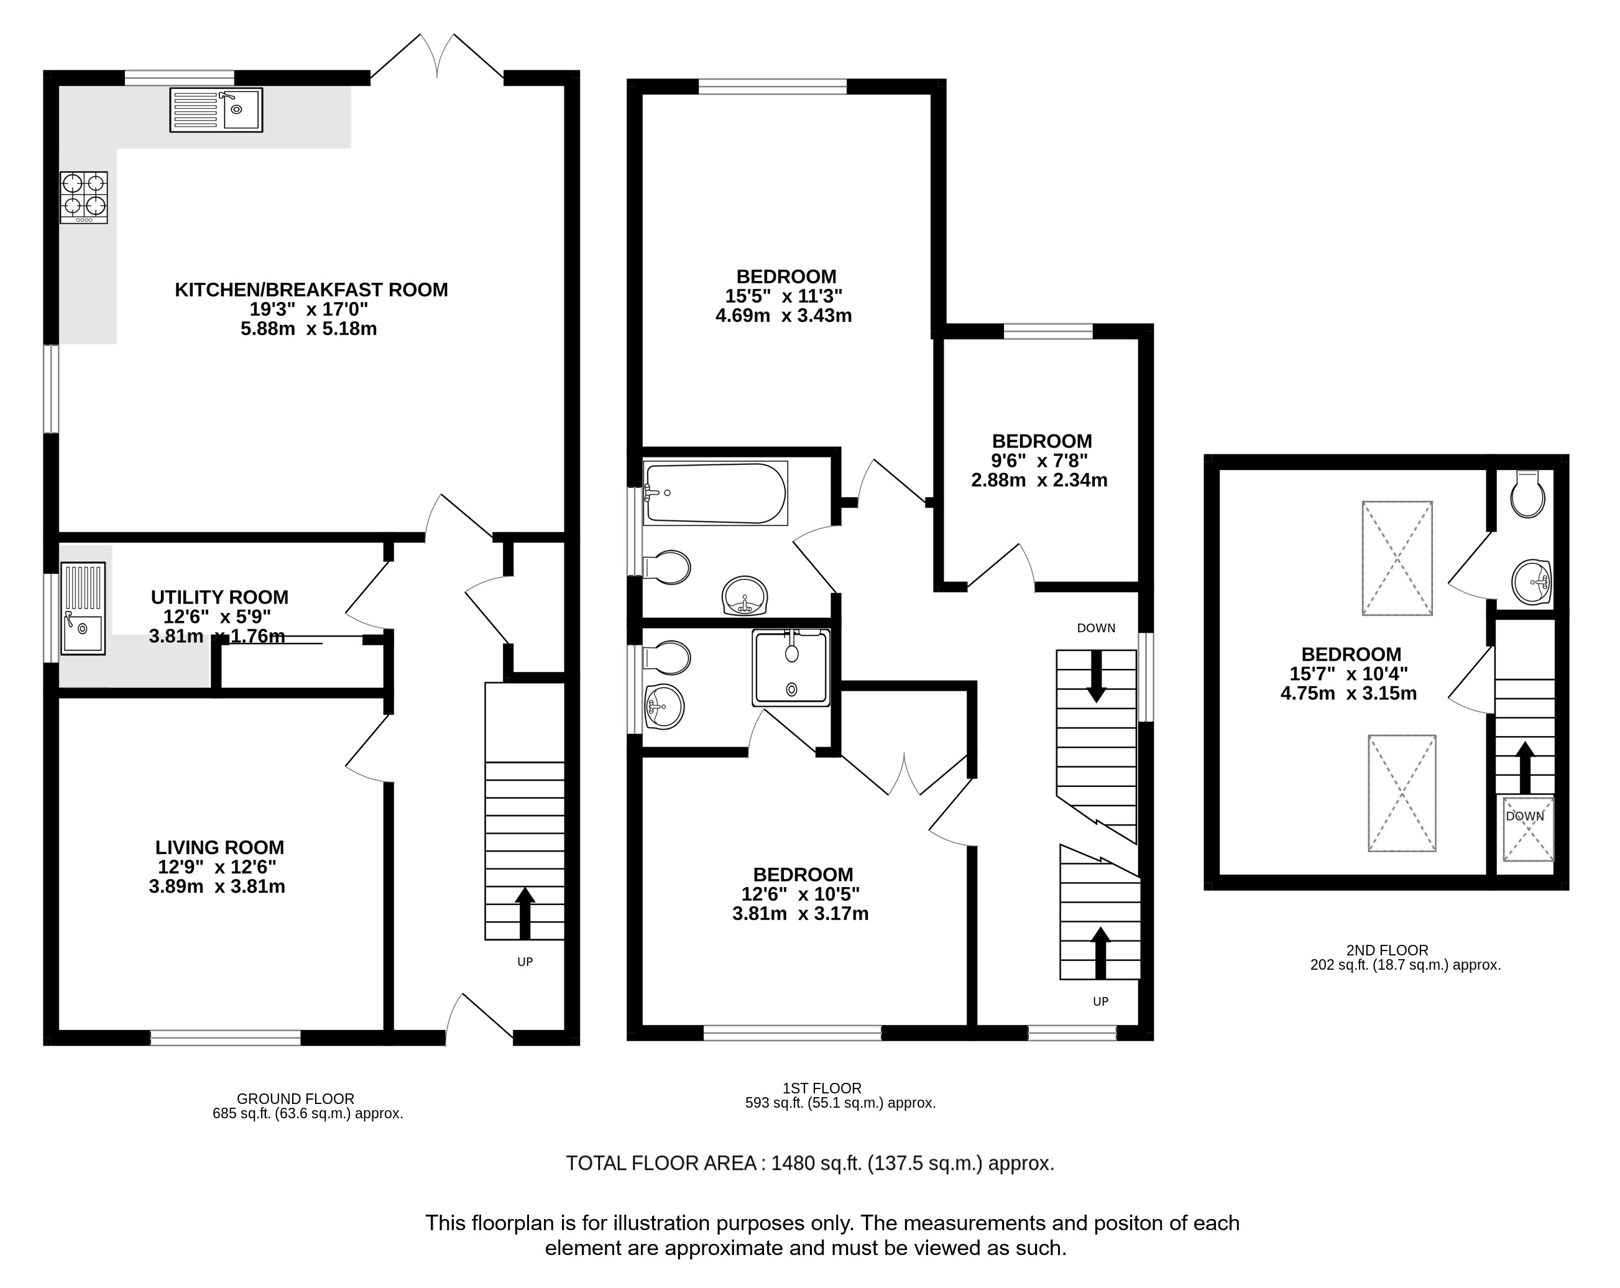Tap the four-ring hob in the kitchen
click(x=84, y=198)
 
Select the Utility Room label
click(x=219, y=597)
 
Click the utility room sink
click(x=83, y=609)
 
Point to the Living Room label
click(x=220, y=848)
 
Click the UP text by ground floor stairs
click(x=525, y=962)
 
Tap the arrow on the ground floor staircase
click(x=525, y=913)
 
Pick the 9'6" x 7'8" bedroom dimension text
click(x=1040, y=461)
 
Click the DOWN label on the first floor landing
click(x=1097, y=628)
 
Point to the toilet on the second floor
click(x=1527, y=494)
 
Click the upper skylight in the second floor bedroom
click(x=1397, y=558)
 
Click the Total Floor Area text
click(x=810, y=1163)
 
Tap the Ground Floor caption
click(x=295, y=1098)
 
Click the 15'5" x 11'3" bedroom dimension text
click(x=784, y=296)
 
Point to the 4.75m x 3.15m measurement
click(x=1349, y=694)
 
